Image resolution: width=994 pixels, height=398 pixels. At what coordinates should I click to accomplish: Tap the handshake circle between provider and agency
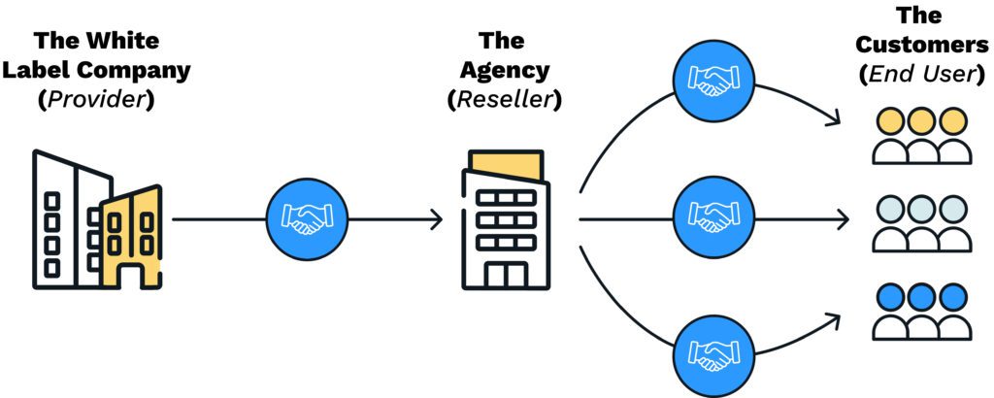pos(307,221)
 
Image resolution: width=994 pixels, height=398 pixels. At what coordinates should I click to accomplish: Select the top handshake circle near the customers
pos(713,83)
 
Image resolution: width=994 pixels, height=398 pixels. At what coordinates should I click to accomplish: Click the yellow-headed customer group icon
pos(920,136)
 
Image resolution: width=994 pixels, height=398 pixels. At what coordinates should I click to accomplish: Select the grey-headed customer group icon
pos(920,223)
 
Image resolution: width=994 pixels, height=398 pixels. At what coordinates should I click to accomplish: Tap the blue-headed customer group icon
pos(920,311)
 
